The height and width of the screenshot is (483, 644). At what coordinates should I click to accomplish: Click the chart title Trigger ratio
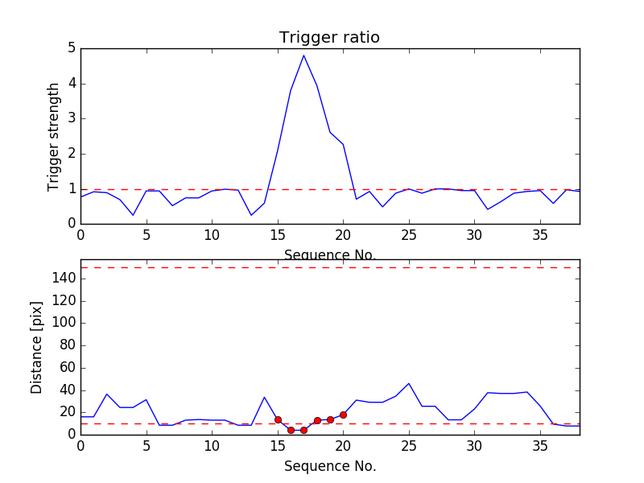329,38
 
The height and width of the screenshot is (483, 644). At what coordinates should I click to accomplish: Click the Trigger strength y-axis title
54,136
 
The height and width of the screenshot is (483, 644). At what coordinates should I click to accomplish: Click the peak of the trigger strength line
303,55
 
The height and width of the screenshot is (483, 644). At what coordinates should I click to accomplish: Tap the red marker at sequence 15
278,419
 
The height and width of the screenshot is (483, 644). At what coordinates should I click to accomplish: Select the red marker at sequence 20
343,415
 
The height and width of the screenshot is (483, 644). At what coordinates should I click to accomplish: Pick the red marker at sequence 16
291,430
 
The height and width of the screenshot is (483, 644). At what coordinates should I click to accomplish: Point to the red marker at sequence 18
317,420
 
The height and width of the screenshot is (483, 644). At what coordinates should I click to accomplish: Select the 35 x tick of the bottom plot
540,445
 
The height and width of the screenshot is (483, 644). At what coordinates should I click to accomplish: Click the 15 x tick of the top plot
278,235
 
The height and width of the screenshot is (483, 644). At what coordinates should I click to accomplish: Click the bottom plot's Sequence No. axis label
330,466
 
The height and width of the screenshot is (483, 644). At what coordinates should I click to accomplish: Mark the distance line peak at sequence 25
409,383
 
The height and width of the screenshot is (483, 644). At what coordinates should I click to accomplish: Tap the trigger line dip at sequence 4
133,215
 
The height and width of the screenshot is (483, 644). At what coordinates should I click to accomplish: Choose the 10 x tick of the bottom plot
212,445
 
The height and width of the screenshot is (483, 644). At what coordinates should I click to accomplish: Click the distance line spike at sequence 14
264,397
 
